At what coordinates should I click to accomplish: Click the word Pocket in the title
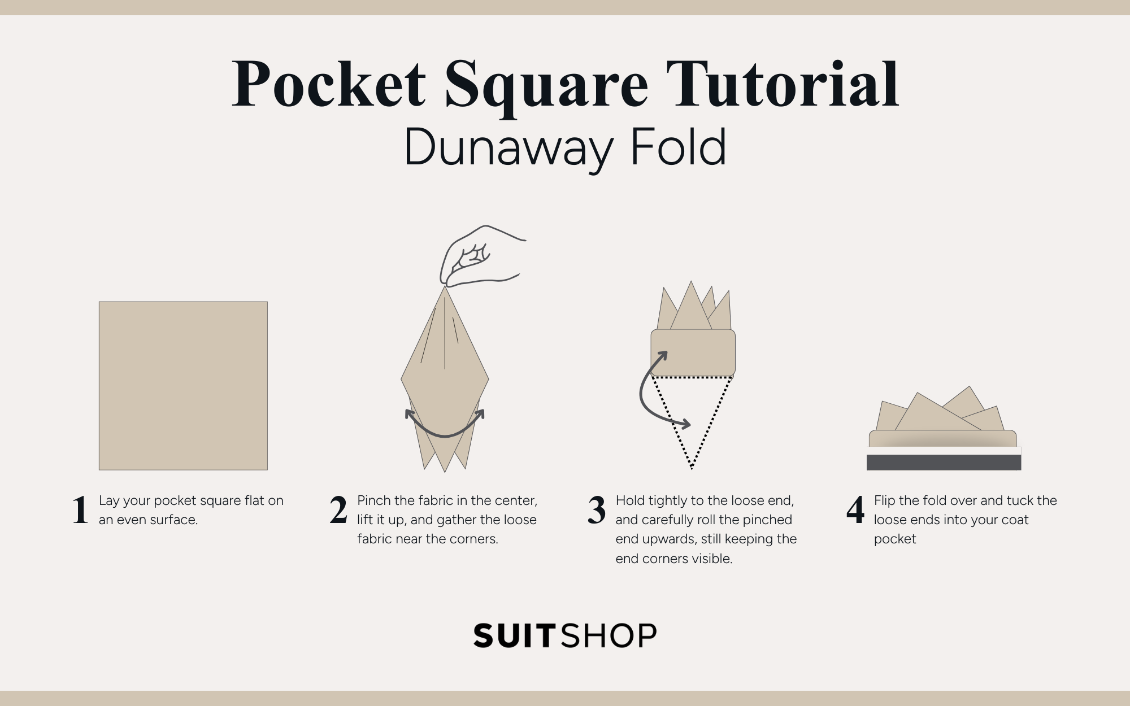click(x=329, y=85)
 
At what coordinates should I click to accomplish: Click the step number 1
click(x=80, y=510)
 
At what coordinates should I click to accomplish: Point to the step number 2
click(x=338, y=510)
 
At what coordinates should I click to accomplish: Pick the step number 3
click(x=597, y=510)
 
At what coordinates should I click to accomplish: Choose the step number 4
click(x=855, y=510)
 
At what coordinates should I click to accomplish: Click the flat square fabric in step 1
click(x=183, y=386)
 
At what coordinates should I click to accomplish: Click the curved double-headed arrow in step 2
click(x=445, y=429)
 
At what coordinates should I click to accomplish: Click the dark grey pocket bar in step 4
click(x=944, y=462)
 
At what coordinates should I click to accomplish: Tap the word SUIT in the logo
click(x=516, y=636)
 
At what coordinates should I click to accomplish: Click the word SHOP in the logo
click(x=610, y=636)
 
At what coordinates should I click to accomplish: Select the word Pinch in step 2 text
click(x=374, y=500)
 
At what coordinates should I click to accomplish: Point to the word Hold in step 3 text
click(x=630, y=500)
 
